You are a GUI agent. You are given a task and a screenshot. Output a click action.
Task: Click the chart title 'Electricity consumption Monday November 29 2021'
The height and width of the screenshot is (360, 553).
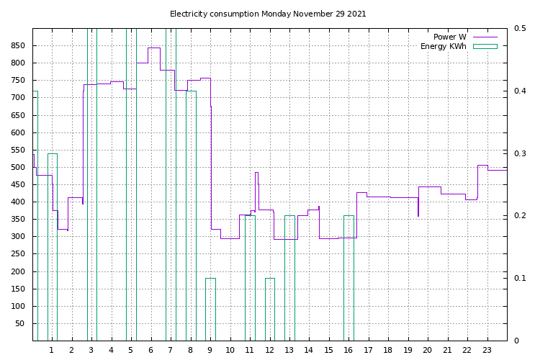(268, 14)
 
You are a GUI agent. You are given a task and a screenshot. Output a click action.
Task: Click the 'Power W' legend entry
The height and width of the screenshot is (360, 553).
(465, 37)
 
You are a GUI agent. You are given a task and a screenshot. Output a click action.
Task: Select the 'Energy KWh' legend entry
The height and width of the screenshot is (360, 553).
(459, 46)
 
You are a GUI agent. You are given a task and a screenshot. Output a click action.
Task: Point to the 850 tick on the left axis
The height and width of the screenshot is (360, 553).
(18, 45)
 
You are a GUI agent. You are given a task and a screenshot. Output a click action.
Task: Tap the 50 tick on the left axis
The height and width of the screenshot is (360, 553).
(20, 323)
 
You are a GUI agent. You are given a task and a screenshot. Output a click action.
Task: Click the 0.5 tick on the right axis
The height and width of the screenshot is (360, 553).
(520, 28)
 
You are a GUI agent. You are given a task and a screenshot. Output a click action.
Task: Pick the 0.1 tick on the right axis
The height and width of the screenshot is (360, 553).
(520, 278)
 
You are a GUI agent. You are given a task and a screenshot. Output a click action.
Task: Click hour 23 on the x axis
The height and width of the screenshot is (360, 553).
(487, 350)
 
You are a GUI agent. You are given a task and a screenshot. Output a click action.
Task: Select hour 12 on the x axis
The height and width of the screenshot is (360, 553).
(269, 350)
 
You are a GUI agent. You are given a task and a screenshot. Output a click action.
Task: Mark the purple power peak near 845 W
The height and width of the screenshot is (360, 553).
(154, 48)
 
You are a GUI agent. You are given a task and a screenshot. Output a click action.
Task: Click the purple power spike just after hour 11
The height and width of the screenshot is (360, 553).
(256, 172)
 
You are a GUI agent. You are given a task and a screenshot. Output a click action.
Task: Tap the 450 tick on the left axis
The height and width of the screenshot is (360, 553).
(18, 184)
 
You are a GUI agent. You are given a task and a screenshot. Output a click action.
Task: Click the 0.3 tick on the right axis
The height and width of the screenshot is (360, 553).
(520, 153)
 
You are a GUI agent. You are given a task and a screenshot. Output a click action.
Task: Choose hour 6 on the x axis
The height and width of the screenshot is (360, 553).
(150, 350)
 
